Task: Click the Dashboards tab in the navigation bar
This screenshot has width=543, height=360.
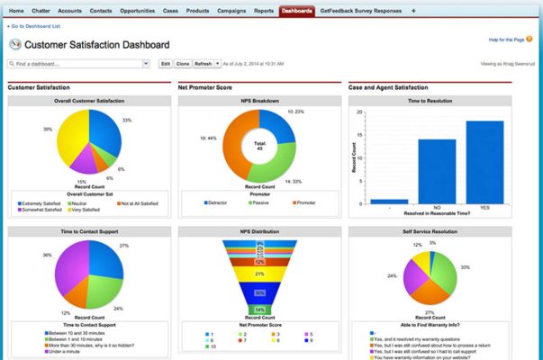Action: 296,11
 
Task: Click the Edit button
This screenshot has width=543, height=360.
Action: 165,64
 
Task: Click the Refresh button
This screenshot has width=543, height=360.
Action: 204,64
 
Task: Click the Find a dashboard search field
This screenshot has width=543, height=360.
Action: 78,64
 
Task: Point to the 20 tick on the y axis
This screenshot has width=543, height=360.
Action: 360,112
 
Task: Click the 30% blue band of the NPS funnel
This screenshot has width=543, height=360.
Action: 259,292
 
